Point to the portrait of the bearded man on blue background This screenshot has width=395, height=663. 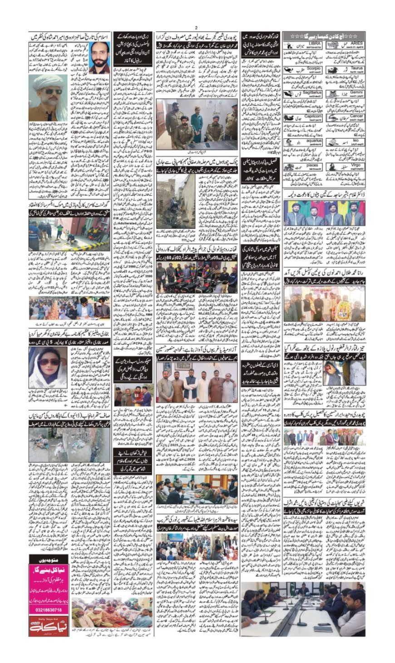point(99,58)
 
